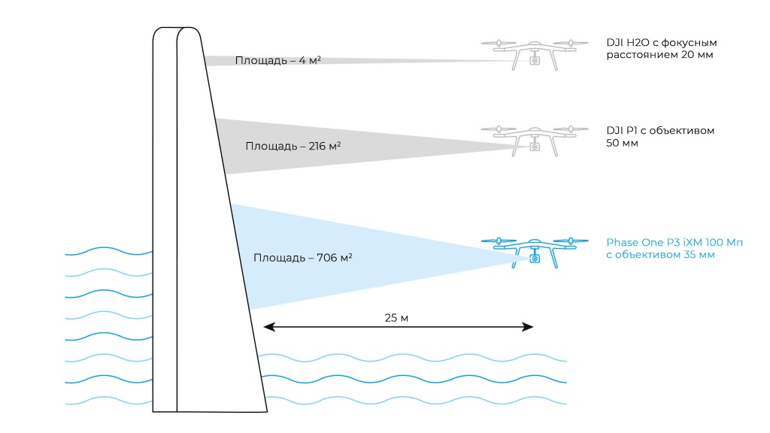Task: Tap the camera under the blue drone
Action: pyautogui.click(x=535, y=258)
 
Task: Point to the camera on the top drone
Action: pyautogui.click(x=535, y=61)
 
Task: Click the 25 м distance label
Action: pyautogui.click(x=396, y=318)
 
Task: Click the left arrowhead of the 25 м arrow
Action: pyautogui.click(x=267, y=327)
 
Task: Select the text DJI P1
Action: pyautogui.click(x=620, y=130)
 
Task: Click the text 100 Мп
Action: pyautogui.click(x=721, y=242)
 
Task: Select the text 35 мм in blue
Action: pyautogui.click(x=696, y=254)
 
